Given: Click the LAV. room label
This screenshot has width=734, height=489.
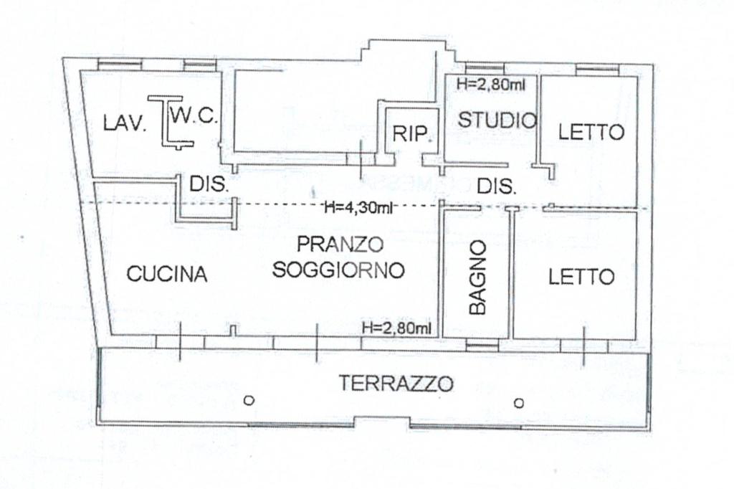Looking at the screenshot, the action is click(x=125, y=124).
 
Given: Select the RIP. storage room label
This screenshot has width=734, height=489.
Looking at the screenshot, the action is click(x=411, y=134).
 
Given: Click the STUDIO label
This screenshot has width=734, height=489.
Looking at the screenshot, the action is click(x=497, y=120).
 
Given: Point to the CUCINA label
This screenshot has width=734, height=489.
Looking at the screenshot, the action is click(x=167, y=274).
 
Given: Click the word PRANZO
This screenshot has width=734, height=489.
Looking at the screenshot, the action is click(x=340, y=244).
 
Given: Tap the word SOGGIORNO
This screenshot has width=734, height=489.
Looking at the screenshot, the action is click(x=338, y=270).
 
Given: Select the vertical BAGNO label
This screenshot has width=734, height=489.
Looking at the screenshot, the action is click(x=478, y=277).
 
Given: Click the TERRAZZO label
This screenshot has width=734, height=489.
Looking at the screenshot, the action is click(x=396, y=384).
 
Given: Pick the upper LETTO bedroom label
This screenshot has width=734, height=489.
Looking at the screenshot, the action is click(x=591, y=133).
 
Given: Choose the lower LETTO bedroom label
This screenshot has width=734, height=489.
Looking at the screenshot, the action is click(x=581, y=277).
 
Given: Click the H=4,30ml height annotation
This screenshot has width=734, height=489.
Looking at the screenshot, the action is click(x=358, y=207).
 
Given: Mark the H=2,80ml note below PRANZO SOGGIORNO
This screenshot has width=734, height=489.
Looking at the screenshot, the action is click(x=396, y=328).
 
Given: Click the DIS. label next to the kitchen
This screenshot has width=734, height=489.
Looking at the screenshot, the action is click(x=209, y=184).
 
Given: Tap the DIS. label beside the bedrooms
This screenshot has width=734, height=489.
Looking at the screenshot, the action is click(x=497, y=187).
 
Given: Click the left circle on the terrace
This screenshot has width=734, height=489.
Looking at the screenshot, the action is click(x=249, y=401).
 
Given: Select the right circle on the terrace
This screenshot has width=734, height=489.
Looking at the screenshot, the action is click(x=519, y=403).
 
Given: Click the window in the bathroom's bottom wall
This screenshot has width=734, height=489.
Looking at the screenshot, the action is click(x=482, y=346).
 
